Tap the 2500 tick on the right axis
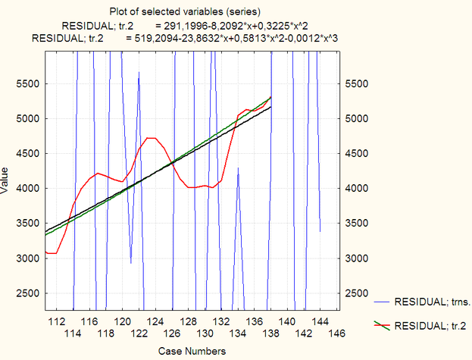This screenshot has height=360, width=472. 359,293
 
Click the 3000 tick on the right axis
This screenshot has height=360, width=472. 359,258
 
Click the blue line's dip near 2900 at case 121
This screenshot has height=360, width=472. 131,262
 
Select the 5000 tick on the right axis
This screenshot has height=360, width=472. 359,119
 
